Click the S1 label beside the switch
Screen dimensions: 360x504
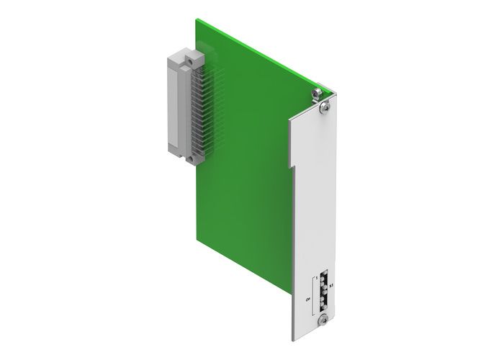point(330,287)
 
